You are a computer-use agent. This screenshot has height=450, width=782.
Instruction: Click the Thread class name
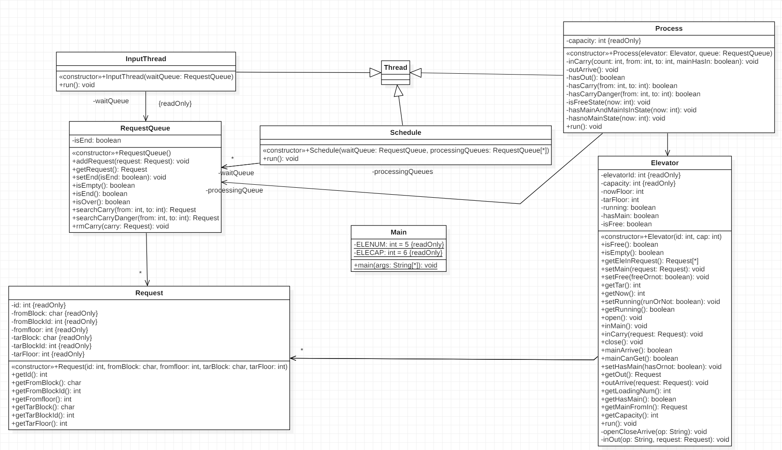pos(395,67)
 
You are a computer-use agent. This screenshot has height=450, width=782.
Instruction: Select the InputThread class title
pos(146,59)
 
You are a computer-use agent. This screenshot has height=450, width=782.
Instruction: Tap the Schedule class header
pos(405,133)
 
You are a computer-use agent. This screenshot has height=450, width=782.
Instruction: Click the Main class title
pos(398,232)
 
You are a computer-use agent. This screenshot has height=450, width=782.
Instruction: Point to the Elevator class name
pos(665,163)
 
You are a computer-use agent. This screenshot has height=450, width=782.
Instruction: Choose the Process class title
pos(668,29)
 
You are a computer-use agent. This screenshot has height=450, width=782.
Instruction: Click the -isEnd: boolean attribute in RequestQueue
pos(97,140)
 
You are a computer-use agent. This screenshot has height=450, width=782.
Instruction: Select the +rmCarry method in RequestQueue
pos(120,226)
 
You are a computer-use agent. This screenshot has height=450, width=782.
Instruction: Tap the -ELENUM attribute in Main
pos(398,245)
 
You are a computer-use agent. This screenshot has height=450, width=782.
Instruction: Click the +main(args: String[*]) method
pos(395,265)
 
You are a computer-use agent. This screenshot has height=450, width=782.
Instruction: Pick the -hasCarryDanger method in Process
pos(633,94)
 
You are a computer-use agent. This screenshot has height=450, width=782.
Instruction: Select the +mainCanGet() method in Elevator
pos(639,359)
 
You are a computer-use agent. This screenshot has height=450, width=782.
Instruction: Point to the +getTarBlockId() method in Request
pos(42,415)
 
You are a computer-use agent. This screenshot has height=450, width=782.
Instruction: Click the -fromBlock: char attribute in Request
pos(55,313)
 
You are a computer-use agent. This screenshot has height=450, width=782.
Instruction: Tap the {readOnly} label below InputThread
pos(175,104)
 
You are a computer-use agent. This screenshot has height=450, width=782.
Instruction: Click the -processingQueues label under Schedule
pos(402,172)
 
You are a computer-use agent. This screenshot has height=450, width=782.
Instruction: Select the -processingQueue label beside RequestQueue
pos(234,190)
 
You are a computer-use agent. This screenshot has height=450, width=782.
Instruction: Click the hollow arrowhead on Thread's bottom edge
pos(398,91)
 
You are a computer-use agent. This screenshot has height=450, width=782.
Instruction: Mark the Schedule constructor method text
pos(405,150)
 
